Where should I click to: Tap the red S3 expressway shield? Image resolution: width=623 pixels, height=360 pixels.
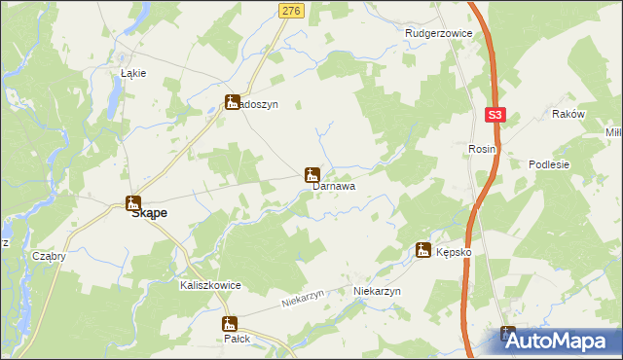[495, 115]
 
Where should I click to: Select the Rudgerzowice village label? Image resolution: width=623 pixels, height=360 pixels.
[438, 33]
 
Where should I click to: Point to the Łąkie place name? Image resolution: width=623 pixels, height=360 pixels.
[132, 73]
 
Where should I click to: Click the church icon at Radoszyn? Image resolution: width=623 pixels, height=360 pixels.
[233, 101]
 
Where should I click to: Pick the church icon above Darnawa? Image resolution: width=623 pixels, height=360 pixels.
[311, 175]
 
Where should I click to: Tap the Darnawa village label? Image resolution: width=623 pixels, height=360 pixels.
[333, 186]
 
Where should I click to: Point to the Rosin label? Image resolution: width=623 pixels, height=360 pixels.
[482, 149]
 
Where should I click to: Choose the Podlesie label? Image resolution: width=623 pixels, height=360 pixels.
[548, 165]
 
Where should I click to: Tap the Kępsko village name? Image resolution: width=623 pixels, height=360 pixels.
[454, 251]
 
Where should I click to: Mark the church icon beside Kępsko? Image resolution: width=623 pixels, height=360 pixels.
[423, 250]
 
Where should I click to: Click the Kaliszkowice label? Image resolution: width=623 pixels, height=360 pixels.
[210, 286]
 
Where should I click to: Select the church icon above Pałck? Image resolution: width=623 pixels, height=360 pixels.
[230, 324]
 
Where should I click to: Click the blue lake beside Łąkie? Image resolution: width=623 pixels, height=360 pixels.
[116, 92]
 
